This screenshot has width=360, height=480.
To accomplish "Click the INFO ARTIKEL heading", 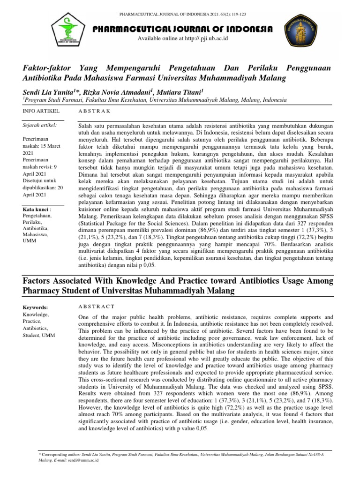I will click(41, 111).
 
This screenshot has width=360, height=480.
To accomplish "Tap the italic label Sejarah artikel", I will click(40, 125).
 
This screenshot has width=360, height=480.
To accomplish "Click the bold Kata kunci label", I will click(37, 208).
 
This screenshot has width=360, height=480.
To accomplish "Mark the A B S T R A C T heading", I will click(96, 306).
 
